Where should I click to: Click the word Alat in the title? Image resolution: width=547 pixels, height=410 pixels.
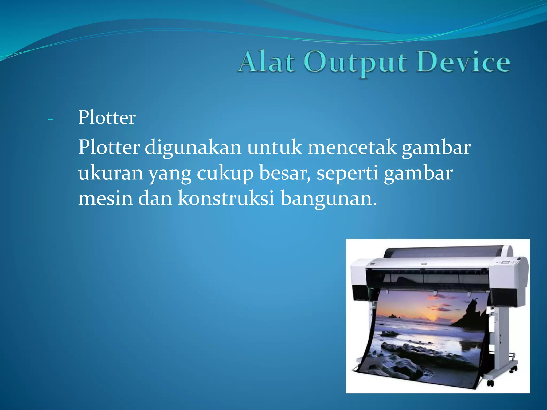click(267, 62)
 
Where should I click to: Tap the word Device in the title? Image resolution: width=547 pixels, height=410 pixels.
click(463, 62)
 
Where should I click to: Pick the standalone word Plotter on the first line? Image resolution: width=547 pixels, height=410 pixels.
click(107, 117)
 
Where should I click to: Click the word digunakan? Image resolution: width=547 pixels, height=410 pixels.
click(193, 148)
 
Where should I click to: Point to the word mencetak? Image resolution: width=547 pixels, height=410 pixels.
click(352, 147)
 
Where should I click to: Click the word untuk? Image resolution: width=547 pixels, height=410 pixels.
click(275, 147)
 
